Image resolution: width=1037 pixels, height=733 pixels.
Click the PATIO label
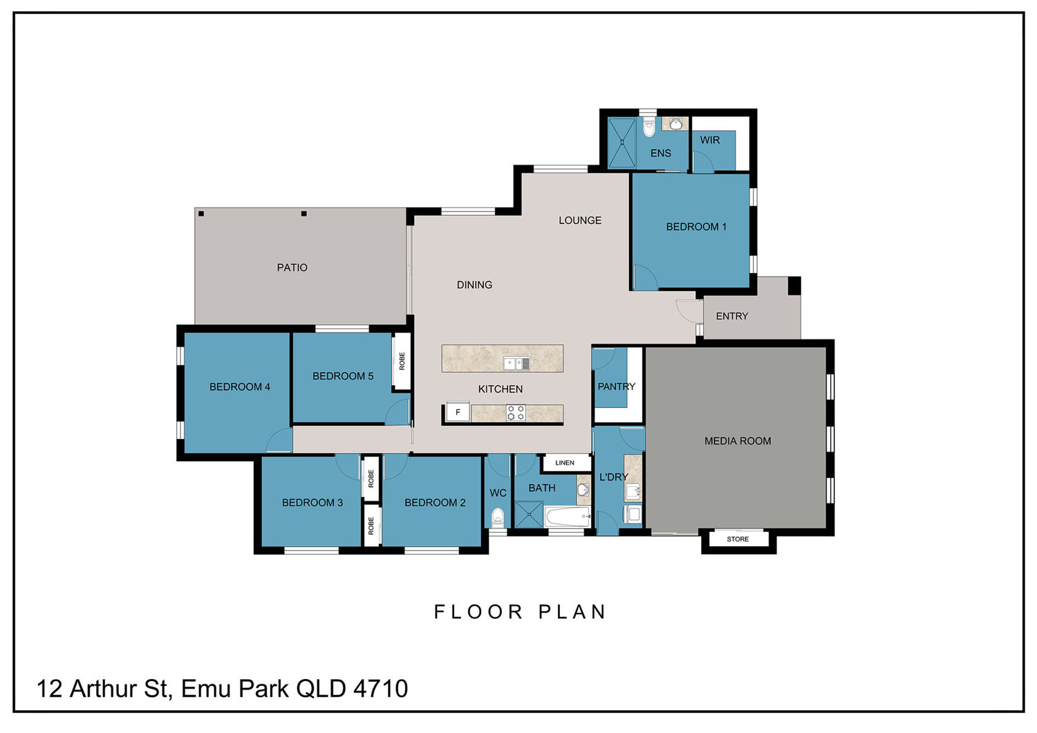tap(292, 268)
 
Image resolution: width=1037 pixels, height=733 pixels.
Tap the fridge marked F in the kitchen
tap(458, 411)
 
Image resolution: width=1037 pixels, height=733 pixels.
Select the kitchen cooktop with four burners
tap(515, 413)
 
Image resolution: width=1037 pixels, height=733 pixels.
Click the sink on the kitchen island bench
tap(516, 364)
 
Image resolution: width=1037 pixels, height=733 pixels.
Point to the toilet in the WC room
tap(497, 518)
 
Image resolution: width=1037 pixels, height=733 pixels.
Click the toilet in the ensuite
tap(649, 128)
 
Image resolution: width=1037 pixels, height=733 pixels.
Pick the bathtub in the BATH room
tap(567, 517)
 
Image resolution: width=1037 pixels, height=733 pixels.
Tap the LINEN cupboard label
tap(565, 463)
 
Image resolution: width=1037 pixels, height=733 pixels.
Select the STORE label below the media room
tap(738, 539)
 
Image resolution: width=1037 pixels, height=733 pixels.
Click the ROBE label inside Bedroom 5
tap(402, 361)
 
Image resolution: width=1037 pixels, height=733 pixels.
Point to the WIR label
tap(710, 140)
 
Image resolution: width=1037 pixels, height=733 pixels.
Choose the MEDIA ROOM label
tap(738, 440)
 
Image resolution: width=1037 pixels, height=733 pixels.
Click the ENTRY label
tap(732, 316)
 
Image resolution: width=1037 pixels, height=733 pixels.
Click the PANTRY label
tap(616, 386)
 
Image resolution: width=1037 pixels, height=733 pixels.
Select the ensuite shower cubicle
tap(622, 142)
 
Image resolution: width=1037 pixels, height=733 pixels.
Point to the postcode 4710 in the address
tap(380, 688)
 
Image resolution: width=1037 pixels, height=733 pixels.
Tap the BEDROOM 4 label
tap(240, 387)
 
